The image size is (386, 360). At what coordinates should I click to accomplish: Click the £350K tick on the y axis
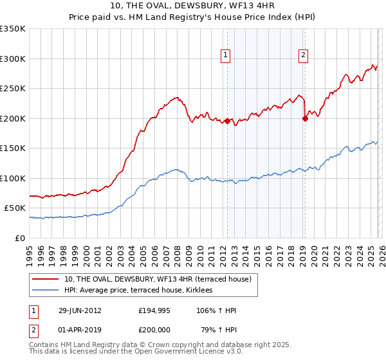[13, 29]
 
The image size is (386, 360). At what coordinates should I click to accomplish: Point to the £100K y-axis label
[13, 178]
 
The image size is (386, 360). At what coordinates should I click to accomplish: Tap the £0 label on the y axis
[20, 238]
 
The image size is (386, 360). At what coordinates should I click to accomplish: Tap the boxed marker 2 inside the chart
[302, 55]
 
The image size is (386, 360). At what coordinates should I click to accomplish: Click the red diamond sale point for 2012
[227, 121]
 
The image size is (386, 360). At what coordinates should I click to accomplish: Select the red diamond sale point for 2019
[304, 118]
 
